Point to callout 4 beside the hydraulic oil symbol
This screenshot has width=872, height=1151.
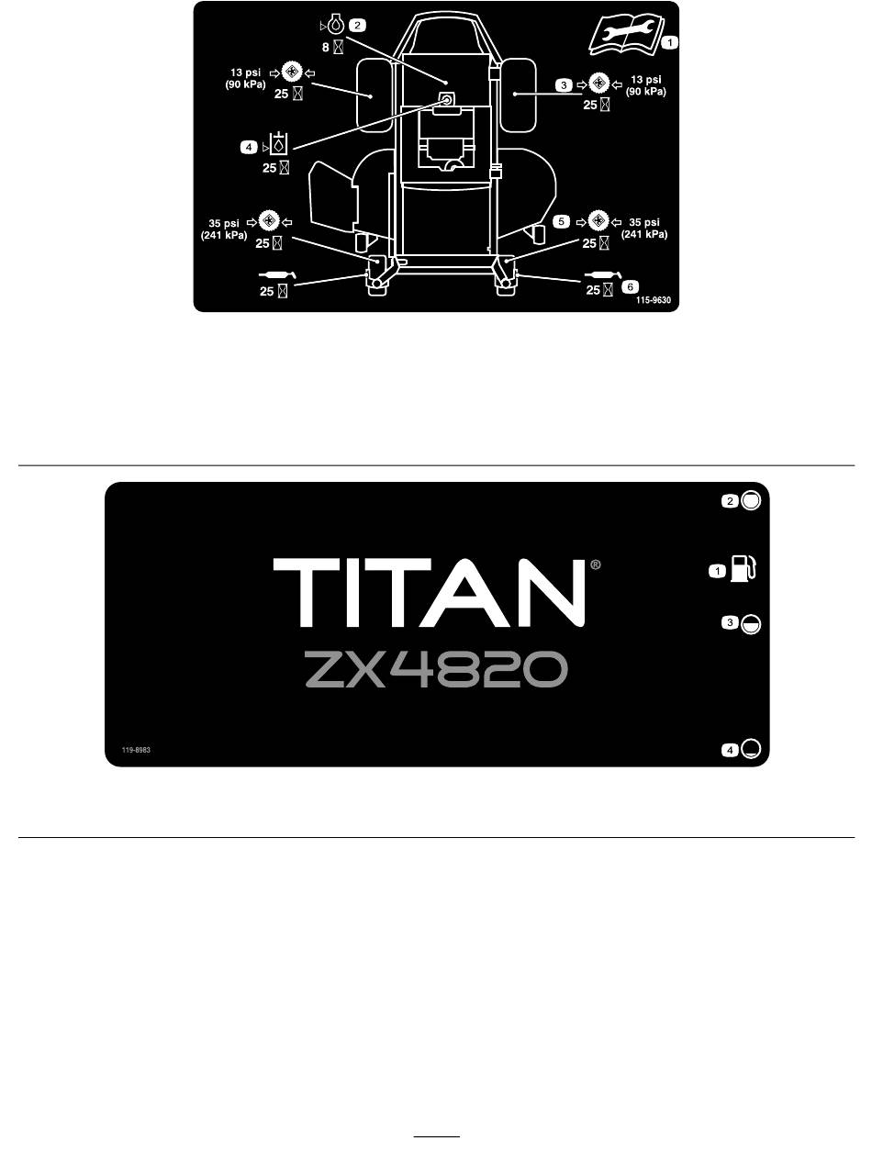[x=250, y=145]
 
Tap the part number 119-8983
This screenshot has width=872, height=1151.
[x=136, y=750]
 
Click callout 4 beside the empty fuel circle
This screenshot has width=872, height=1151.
[x=730, y=750]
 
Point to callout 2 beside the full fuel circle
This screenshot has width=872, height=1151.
[x=730, y=501]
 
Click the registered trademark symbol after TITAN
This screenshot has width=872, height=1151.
[x=596, y=566]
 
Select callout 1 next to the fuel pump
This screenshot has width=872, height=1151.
[x=716, y=572]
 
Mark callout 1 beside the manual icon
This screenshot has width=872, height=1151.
[x=671, y=42]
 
